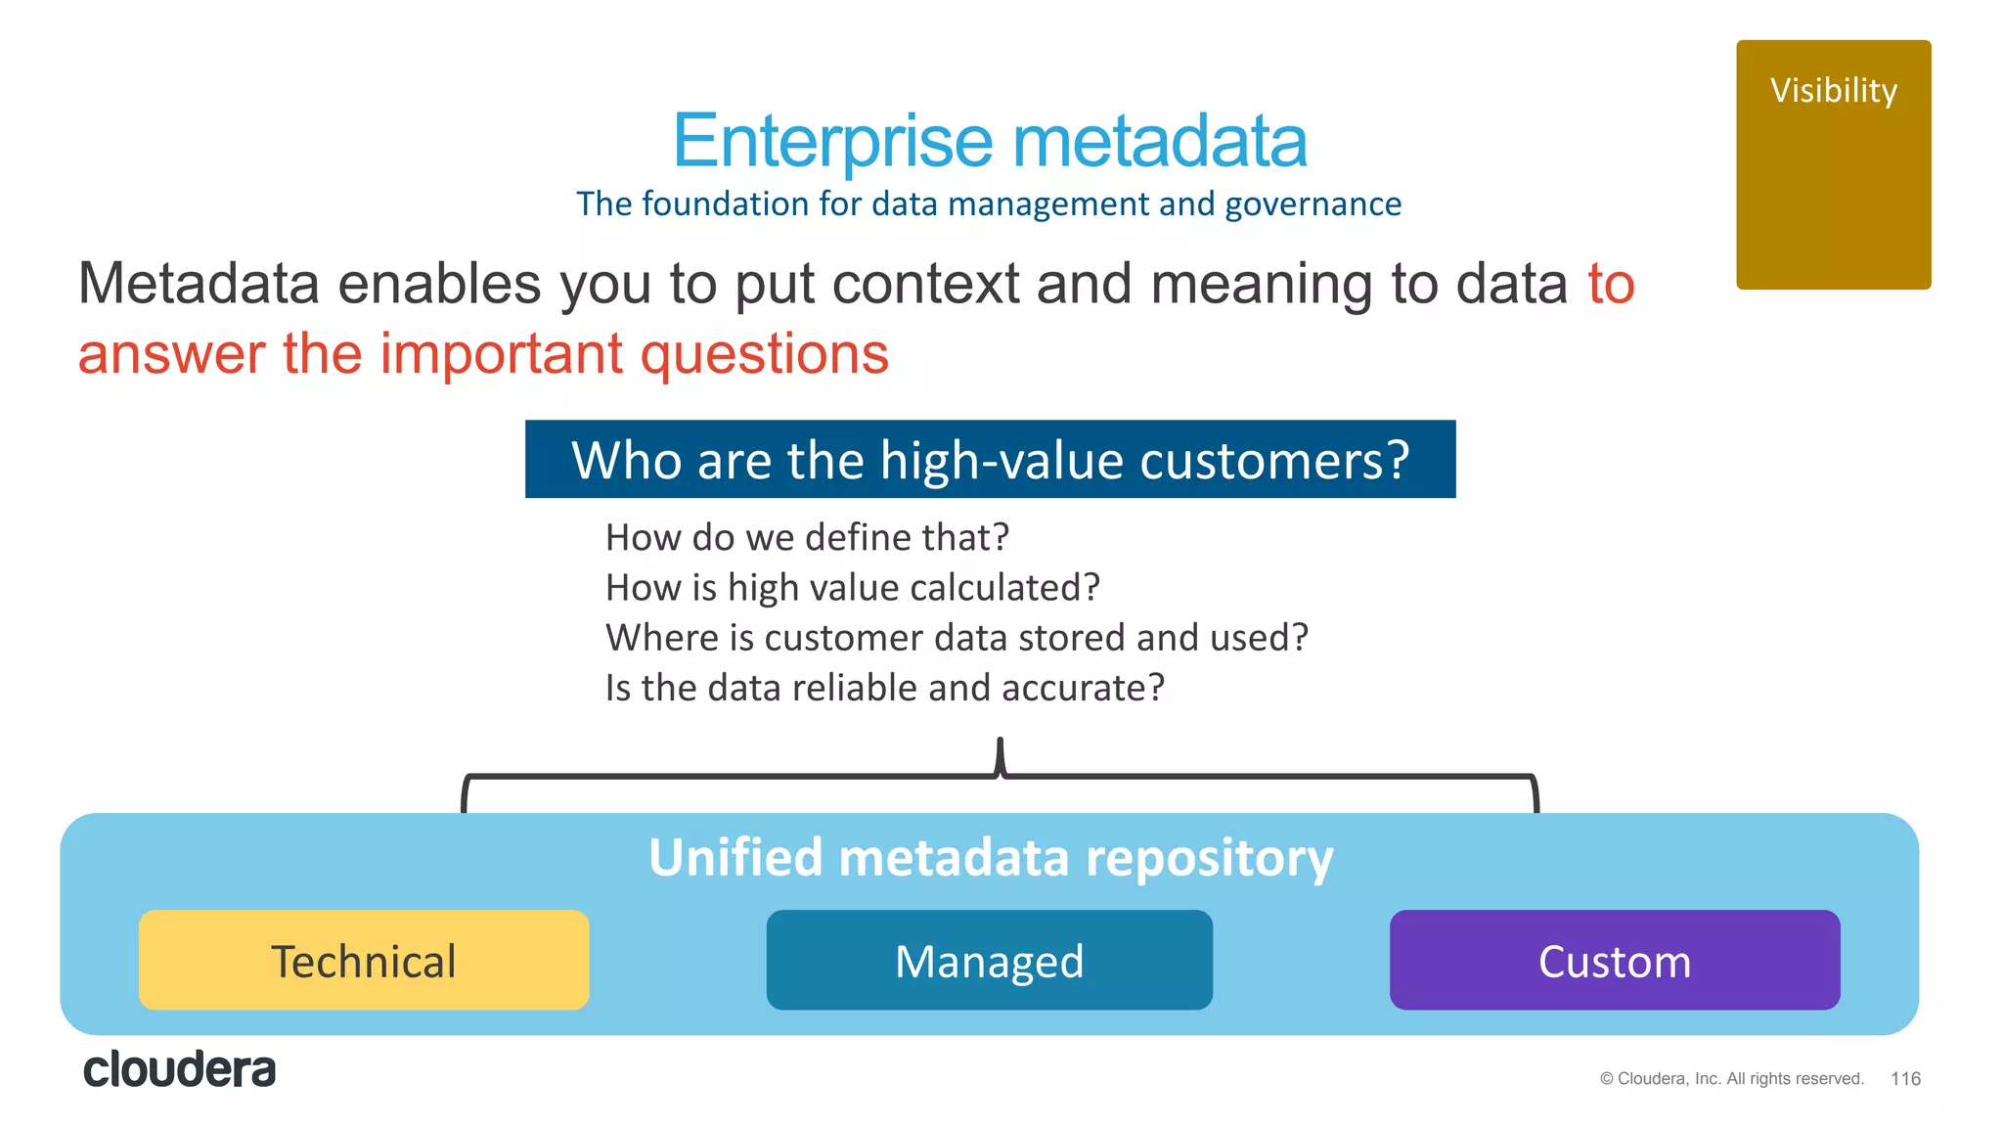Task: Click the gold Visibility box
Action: [x=1833, y=164]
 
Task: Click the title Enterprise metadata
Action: [x=989, y=141]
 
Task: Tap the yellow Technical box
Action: [x=364, y=961]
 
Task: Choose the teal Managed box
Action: [x=989, y=961]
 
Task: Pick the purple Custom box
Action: [x=1614, y=961]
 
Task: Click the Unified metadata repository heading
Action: [x=990, y=858]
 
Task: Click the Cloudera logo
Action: [x=180, y=1069]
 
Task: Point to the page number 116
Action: [x=1905, y=1078]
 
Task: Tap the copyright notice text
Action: [x=1731, y=1078]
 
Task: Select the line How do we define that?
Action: [x=807, y=538]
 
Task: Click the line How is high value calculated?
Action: [x=852, y=588]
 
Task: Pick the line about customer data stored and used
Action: [x=957, y=638]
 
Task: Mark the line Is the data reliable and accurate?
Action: [x=884, y=688]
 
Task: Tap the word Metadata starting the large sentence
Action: [x=199, y=284]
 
